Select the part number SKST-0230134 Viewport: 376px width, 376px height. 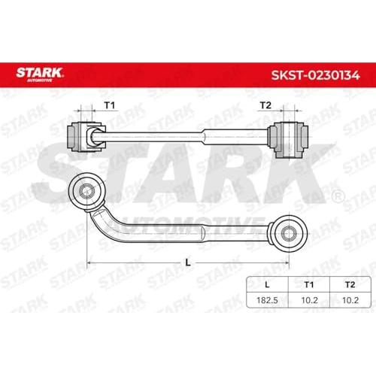pyautogui.click(x=315, y=75)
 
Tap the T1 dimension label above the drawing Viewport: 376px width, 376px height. pyautogui.click(x=110, y=105)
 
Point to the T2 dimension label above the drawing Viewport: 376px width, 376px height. pyautogui.click(x=265, y=105)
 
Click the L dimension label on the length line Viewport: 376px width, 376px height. pyautogui.click(x=188, y=262)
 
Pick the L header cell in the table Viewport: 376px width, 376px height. pyautogui.click(x=267, y=284)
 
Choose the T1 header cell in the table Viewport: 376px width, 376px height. pyautogui.click(x=309, y=284)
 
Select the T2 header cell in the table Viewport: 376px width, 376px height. pyautogui.click(x=350, y=284)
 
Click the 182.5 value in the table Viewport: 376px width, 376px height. pyautogui.click(x=267, y=300)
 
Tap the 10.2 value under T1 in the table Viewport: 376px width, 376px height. pyautogui.click(x=310, y=300)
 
